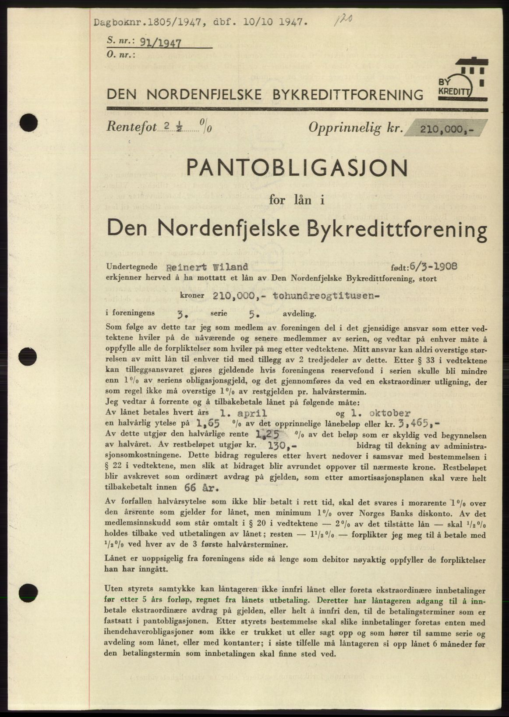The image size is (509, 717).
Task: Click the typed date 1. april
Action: (243, 413)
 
